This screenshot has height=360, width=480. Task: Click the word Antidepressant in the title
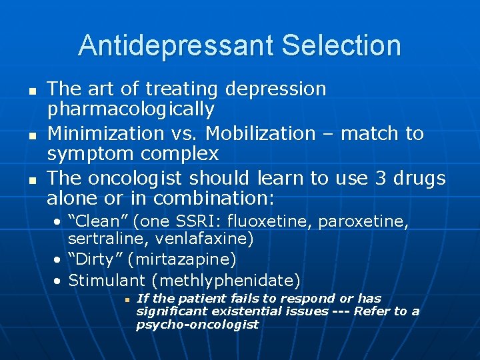point(175,46)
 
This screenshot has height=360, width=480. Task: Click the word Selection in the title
point(341,46)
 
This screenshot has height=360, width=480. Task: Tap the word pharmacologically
point(131,109)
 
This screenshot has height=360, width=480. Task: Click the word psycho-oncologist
point(197,325)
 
